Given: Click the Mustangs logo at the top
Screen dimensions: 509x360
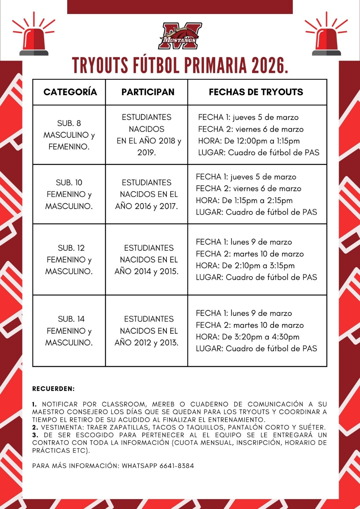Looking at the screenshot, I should [x=180, y=36].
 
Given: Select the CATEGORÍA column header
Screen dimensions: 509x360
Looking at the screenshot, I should [x=70, y=92].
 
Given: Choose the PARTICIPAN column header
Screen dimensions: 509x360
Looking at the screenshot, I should [x=148, y=92].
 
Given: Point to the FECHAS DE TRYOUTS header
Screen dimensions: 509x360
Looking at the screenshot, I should [x=256, y=92].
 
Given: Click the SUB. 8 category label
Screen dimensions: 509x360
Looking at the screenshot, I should [x=69, y=123].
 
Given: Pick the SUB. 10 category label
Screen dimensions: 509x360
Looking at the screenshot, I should [x=69, y=183].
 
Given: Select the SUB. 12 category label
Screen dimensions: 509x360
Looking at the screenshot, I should [x=71, y=248].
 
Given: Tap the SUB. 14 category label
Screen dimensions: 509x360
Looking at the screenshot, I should [x=71, y=319].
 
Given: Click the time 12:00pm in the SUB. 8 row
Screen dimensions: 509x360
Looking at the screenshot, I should [x=251, y=141].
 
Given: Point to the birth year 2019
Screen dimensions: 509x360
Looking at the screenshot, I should [x=146, y=153].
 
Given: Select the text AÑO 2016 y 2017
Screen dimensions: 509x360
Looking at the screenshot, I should [x=146, y=206].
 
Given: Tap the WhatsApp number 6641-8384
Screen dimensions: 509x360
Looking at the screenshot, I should [x=177, y=466].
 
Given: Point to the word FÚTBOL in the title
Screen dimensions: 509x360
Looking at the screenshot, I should [x=157, y=66].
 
